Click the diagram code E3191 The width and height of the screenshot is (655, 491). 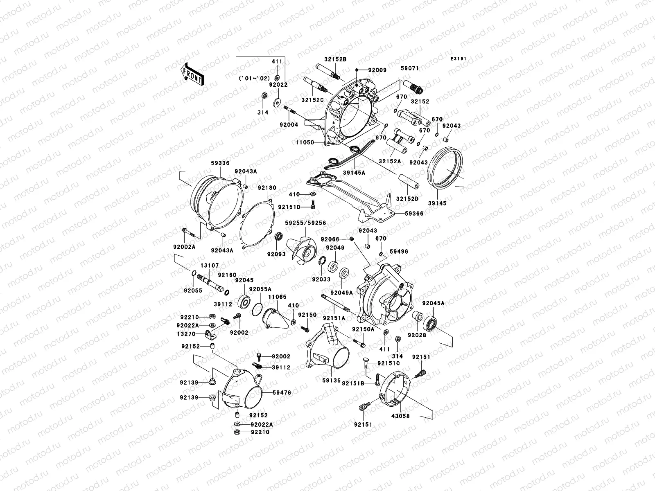(459, 59)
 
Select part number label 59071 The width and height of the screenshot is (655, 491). (409, 68)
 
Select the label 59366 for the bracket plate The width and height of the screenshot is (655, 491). (414, 214)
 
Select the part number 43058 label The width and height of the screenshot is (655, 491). (401, 416)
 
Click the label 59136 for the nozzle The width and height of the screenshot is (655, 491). (331, 381)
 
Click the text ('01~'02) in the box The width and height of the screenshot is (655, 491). (260, 78)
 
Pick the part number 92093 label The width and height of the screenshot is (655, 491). (276, 254)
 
